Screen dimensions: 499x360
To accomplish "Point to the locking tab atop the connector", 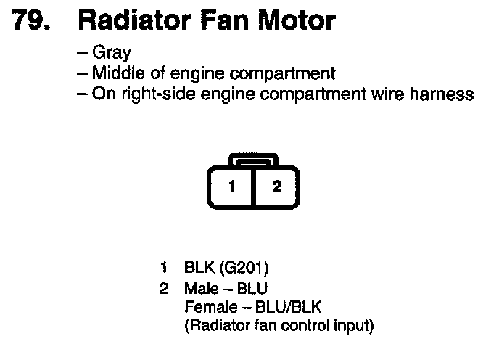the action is (253, 160).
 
